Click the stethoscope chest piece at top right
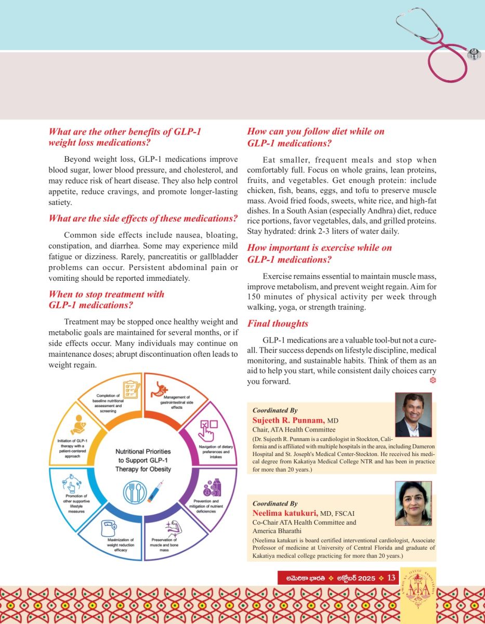pos(474,54)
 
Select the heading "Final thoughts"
pos(278,324)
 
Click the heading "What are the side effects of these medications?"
pos(143,218)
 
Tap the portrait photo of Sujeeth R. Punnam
pos(413,414)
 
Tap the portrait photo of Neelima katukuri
pos(413,503)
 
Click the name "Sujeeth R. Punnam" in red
pos(289,420)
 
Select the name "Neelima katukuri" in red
pos(289,514)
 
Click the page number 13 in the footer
pos(391,578)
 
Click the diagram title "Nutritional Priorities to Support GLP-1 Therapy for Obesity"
pos(143,460)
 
